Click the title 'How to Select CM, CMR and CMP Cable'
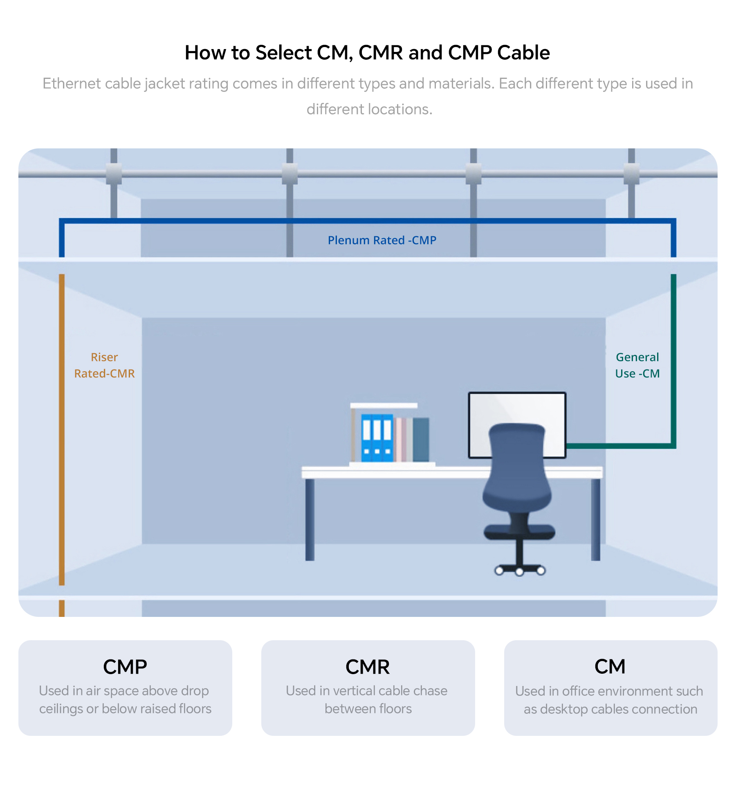tap(367, 53)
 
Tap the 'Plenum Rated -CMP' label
tap(382, 240)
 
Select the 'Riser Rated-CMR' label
tap(104, 365)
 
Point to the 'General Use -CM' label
tap(637, 365)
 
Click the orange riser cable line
tap(62, 429)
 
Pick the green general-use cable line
tap(673, 360)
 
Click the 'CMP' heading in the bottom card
tap(125, 667)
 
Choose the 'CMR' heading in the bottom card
tap(368, 667)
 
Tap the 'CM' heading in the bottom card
tap(610, 667)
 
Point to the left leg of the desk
tap(310, 519)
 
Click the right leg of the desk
tap(596, 519)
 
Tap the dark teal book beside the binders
tap(421, 439)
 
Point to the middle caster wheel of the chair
tap(519, 572)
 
